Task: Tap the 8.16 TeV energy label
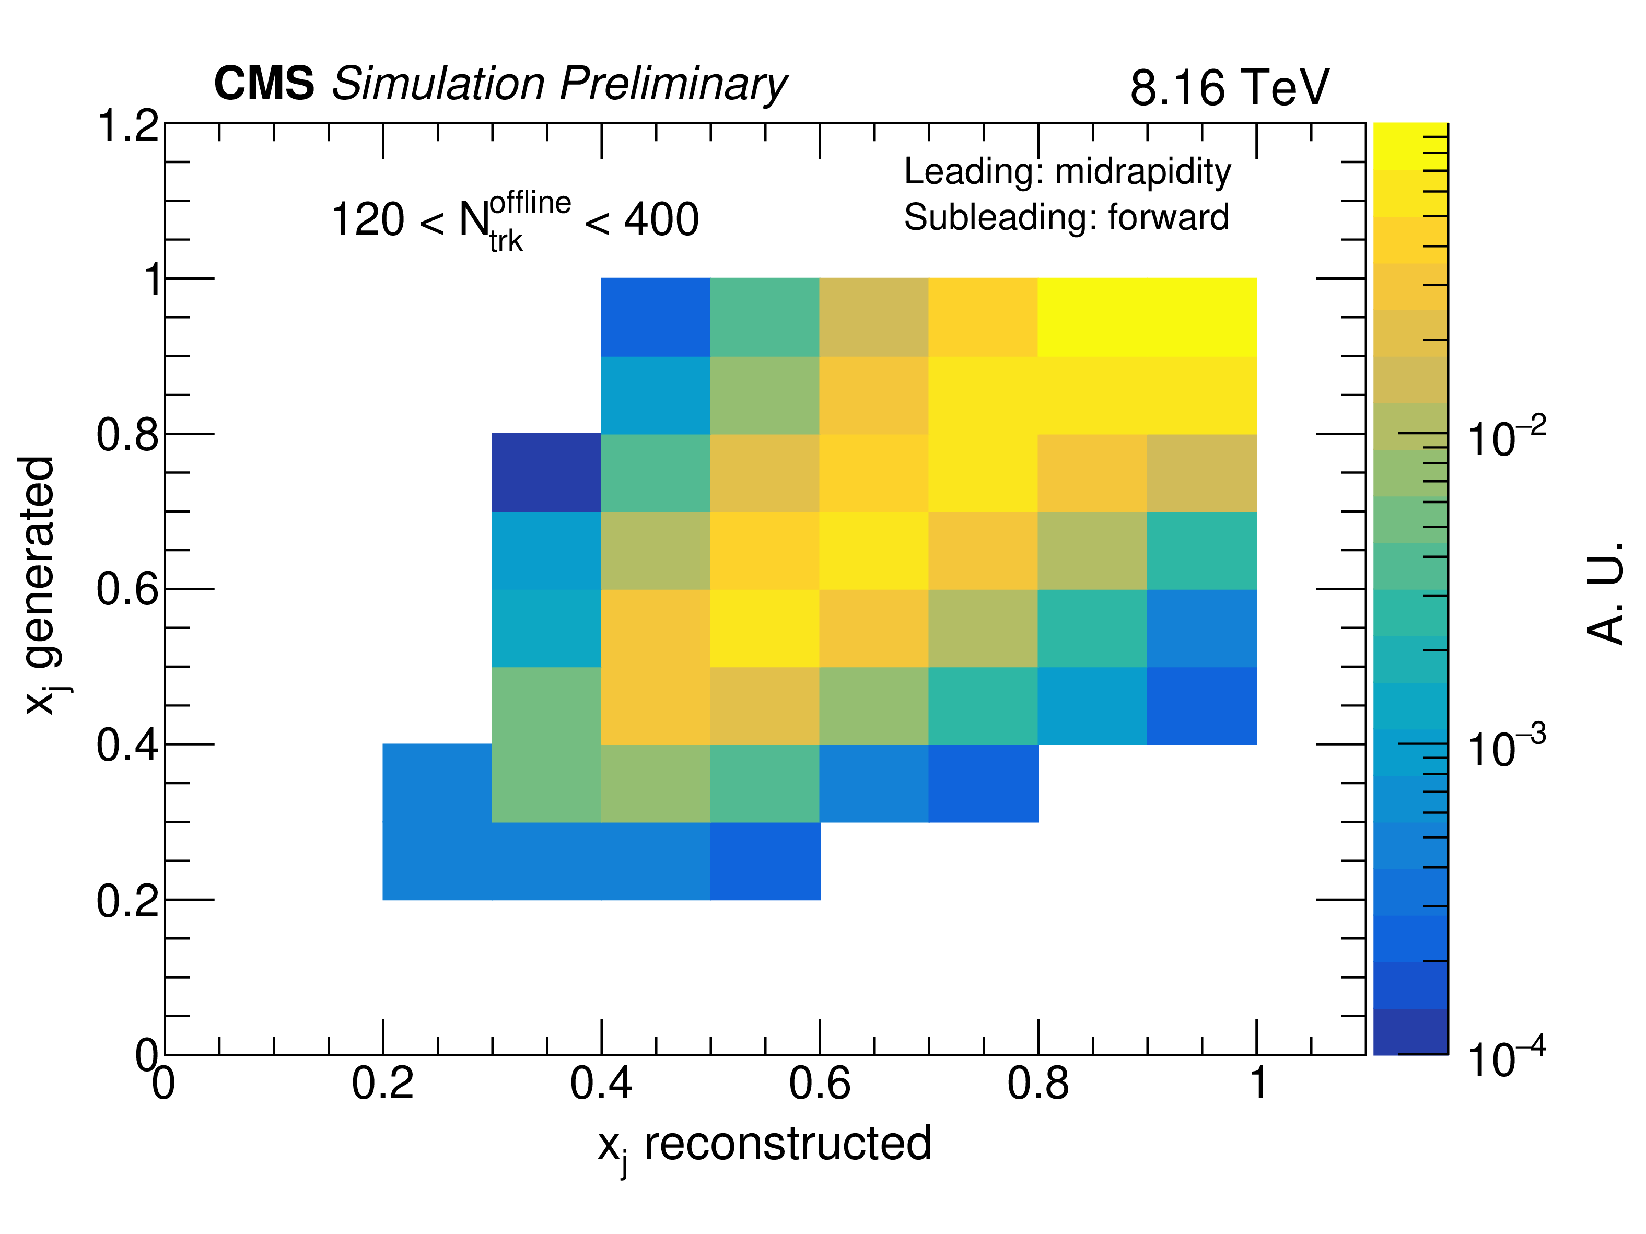(1229, 88)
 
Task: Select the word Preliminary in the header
(673, 84)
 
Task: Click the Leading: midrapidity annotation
(1067, 172)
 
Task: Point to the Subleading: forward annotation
(1066, 218)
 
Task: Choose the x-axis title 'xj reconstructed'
(764, 1145)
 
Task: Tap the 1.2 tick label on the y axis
(128, 126)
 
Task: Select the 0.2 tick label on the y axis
(128, 901)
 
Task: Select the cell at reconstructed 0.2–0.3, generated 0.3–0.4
(437, 783)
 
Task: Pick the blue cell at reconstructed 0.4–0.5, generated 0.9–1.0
(655, 317)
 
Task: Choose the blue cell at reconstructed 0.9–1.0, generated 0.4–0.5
(1202, 706)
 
